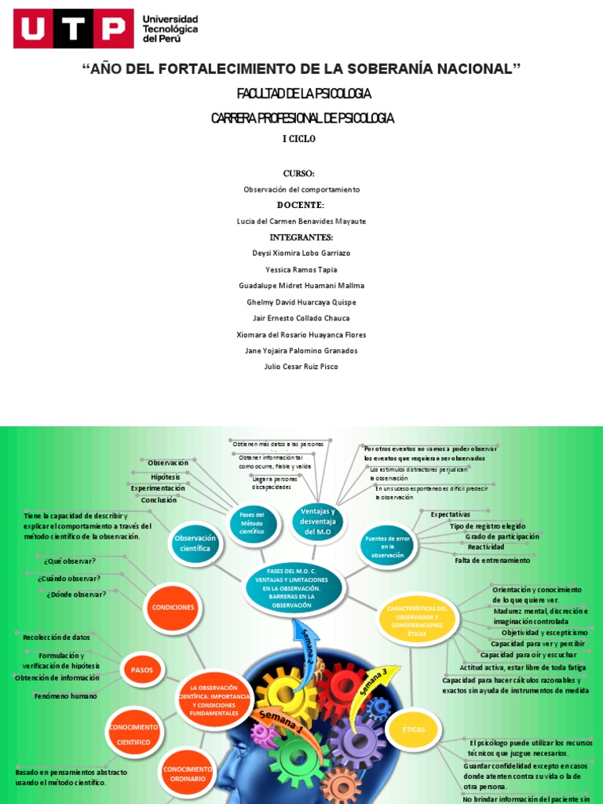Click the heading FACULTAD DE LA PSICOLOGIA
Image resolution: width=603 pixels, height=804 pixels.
pyautogui.click(x=298, y=94)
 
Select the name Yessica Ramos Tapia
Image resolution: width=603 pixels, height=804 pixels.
pyautogui.click(x=301, y=269)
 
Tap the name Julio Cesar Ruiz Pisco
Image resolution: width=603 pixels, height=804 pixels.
pyautogui.click(x=301, y=367)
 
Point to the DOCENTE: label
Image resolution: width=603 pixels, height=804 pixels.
pyautogui.click(x=300, y=205)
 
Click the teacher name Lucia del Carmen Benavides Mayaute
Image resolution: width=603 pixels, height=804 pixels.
pyautogui.click(x=301, y=221)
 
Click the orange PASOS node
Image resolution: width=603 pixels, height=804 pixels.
pyautogui.click(x=143, y=670)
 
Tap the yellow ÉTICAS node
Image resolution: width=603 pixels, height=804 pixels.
pyautogui.click(x=413, y=729)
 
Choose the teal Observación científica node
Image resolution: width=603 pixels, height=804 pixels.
pyautogui.click(x=193, y=543)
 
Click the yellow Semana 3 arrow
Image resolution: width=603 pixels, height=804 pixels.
pyautogui.click(x=375, y=682)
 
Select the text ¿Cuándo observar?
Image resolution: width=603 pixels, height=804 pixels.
pyautogui.click(x=68, y=578)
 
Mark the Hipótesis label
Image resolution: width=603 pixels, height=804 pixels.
pyautogui.click(x=166, y=477)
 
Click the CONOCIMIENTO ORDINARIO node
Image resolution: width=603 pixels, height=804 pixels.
pyautogui.click(x=188, y=773)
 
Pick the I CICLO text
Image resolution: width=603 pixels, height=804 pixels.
pyautogui.click(x=299, y=139)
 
